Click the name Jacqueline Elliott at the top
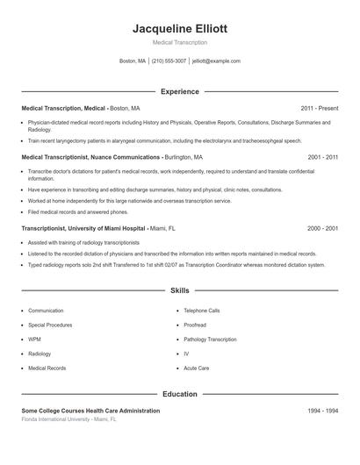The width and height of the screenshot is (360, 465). point(180,28)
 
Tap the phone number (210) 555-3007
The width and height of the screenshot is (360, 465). point(169,61)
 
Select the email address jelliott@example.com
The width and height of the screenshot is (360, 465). point(215,61)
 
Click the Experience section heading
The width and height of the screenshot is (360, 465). point(180,91)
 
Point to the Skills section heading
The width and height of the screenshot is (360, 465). point(180,290)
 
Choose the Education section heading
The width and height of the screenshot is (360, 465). point(180,394)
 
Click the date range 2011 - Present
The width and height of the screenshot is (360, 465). point(319,108)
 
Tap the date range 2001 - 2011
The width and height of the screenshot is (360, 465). point(322,157)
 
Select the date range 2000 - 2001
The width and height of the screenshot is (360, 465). point(322,228)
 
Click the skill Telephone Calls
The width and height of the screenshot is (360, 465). point(202,311)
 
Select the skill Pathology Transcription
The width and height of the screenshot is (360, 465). point(210,340)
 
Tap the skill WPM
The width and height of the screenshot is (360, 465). point(34,340)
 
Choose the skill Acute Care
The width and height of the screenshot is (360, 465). point(197,368)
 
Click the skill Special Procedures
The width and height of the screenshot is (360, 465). point(50,325)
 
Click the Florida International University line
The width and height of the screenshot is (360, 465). point(68,419)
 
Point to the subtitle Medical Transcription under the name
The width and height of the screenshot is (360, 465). point(180,42)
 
